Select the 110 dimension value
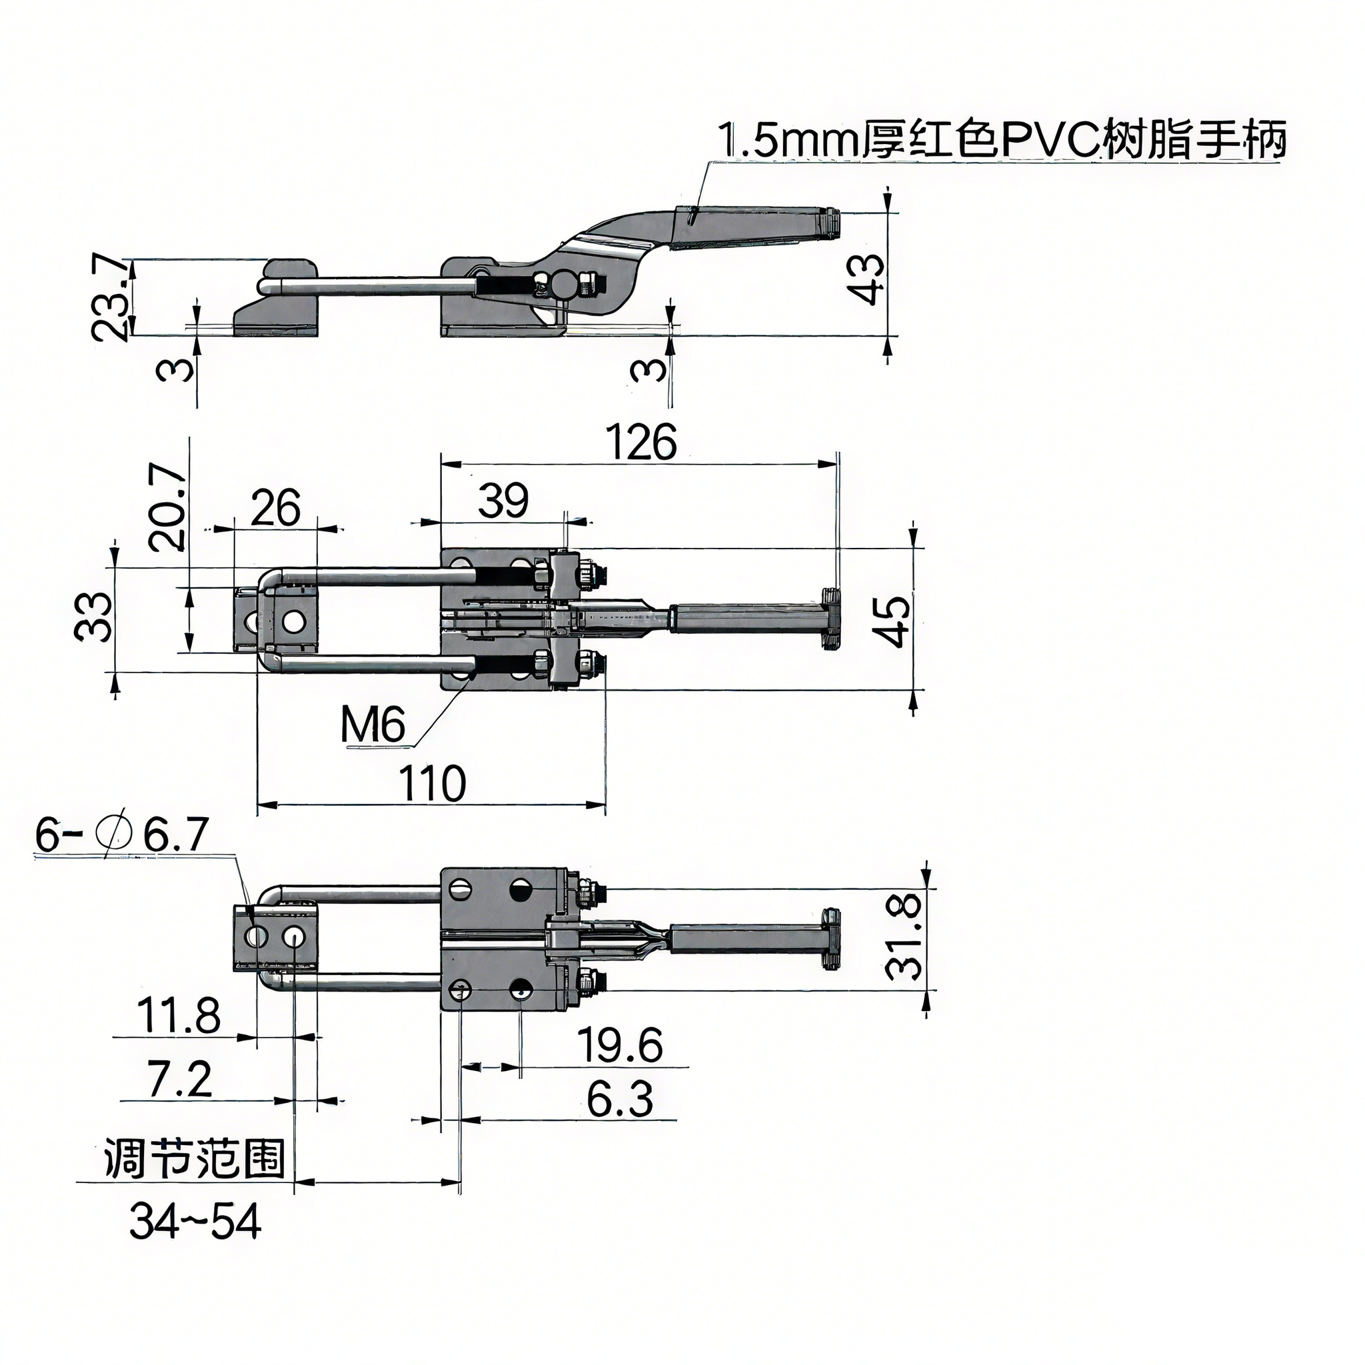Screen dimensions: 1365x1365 (433, 784)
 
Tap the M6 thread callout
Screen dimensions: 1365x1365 (373, 725)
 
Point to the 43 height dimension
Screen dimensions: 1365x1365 (867, 279)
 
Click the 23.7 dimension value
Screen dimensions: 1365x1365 (111, 298)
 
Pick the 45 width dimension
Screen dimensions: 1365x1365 (894, 622)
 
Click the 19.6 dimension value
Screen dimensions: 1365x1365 (621, 1045)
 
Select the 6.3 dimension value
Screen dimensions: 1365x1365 (619, 1099)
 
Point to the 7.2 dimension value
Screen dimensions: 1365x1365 (179, 1079)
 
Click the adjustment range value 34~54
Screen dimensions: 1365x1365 (195, 1222)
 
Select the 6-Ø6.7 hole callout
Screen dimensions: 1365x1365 (121, 836)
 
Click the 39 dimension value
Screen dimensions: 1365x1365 (503, 501)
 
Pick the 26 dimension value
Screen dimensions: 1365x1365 (275, 507)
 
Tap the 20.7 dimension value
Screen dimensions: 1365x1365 (169, 507)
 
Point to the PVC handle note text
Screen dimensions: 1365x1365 (1001, 140)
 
